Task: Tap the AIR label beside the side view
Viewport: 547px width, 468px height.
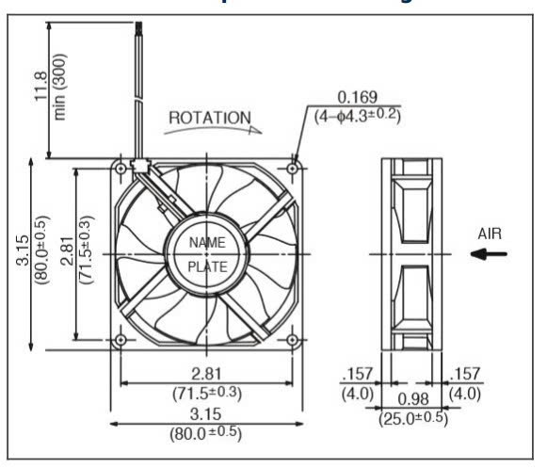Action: point(491,233)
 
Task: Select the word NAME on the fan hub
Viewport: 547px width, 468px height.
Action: point(207,242)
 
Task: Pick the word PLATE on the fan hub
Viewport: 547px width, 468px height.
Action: point(207,266)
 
